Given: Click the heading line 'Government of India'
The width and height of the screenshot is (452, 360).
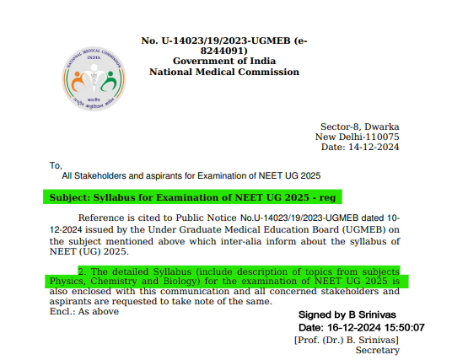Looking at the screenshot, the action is pyautogui.click(x=223, y=62).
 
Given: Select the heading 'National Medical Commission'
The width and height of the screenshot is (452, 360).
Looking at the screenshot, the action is pyautogui.click(x=223, y=73).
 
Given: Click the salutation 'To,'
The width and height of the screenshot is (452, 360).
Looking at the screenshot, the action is pyautogui.click(x=56, y=165).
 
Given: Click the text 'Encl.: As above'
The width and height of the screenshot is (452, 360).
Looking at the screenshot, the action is pyautogui.click(x=83, y=311).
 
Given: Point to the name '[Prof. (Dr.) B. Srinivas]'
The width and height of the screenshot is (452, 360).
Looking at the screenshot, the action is pyautogui.click(x=346, y=339).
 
